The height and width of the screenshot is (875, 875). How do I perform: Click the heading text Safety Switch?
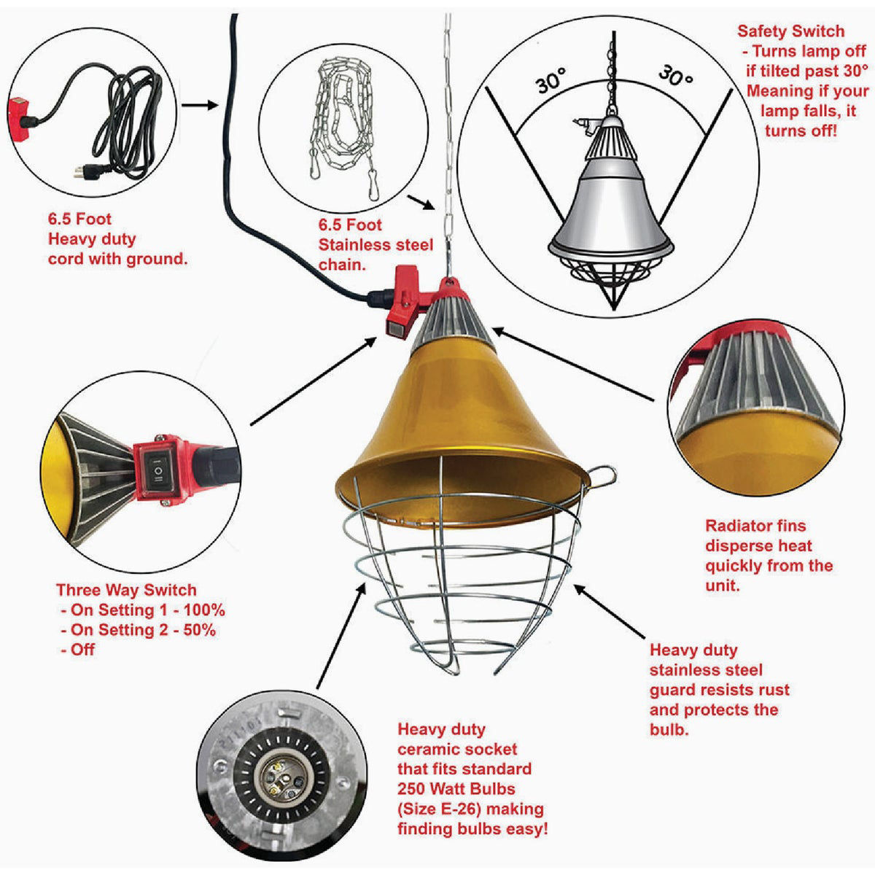coord(790,31)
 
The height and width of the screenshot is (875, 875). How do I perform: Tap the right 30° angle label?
coord(675,75)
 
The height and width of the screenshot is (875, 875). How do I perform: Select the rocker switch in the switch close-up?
coord(157,470)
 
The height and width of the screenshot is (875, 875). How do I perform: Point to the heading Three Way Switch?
coord(126,590)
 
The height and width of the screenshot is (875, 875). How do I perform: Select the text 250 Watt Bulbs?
coord(456,788)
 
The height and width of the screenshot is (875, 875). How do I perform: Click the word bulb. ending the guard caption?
coord(669,729)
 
